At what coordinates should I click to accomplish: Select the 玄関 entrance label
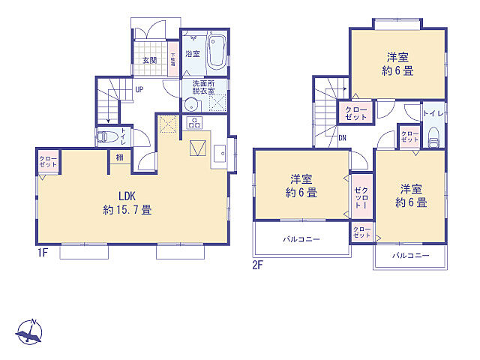click(x=149, y=60)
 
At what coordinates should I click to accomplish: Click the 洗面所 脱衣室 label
click(x=203, y=87)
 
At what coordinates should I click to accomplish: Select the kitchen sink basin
click(x=220, y=154)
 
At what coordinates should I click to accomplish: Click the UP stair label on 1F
click(x=139, y=91)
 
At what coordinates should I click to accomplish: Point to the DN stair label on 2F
click(x=342, y=138)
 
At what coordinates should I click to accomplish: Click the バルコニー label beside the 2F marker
click(x=301, y=239)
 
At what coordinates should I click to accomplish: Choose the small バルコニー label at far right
click(x=410, y=256)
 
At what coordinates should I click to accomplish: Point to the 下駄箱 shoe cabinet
click(x=172, y=59)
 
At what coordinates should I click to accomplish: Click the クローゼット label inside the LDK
click(x=47, y=162)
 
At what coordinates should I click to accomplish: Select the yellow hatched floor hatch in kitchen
click(x=167, y=124)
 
